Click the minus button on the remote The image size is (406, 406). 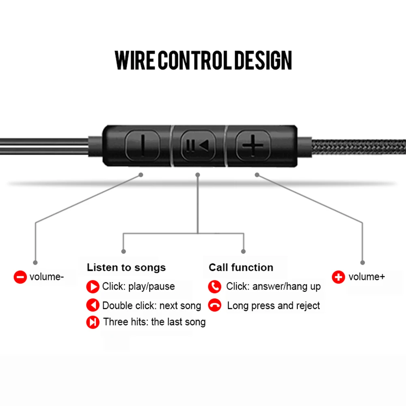click(143, 145)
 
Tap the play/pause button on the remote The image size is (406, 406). click(198, 145)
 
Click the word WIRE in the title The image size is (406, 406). click(135, 60)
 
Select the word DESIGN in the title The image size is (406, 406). click(263, 60)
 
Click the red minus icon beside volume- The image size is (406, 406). click(20, 277)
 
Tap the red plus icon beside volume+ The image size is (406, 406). click(339, 277)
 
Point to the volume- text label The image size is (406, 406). click(47, 277)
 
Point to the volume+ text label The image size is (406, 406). click(367, 277)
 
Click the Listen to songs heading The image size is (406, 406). click(126, 268)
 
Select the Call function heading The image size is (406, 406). click(241, 268)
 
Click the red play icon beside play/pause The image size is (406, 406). click(93, 287)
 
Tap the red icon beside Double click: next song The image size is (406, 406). click(93, 305)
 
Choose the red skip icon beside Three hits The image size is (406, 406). click(93, 322)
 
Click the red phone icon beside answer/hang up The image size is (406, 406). click(215, 287)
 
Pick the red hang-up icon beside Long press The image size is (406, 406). click(215, 305)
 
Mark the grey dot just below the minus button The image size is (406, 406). click(141, 175)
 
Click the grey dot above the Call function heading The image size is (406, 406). click(243, 251)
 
